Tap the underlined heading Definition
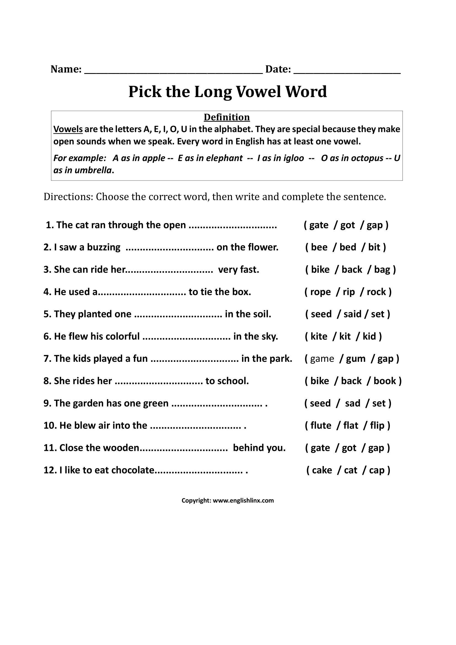(227, 117)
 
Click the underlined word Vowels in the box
(68, 129)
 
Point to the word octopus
(366, 158)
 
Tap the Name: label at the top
(66, 69)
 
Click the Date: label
(278, 69)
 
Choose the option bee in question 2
(319, 247)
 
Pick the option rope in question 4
(320, 292)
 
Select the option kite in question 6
(319, 336)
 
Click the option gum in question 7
(355, 359)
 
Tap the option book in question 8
(385, 381)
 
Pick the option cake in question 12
(322, 470)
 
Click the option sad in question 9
(352, 403)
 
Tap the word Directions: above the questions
(68, 197)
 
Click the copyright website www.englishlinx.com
(243, 500)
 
